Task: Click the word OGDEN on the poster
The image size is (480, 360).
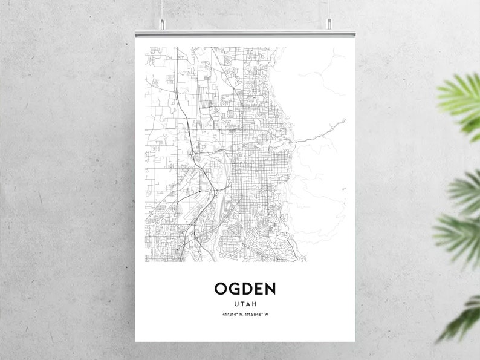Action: [244, 288]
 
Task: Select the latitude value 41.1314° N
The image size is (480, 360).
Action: [232, 314]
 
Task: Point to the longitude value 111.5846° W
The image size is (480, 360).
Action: [258, 314]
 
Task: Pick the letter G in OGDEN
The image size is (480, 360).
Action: [233, 288]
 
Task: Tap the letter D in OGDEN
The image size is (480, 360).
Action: [245, 288]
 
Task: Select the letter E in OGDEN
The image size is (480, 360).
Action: [256, 288]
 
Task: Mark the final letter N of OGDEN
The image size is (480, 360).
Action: [268, 288]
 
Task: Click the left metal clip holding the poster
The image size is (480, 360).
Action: [161, 24]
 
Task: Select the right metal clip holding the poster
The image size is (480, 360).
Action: [329, 24]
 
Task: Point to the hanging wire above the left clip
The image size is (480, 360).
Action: [161, 8]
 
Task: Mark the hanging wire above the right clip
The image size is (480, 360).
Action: [329, 8]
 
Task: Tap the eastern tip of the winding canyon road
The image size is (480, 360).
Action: [345, 120]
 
